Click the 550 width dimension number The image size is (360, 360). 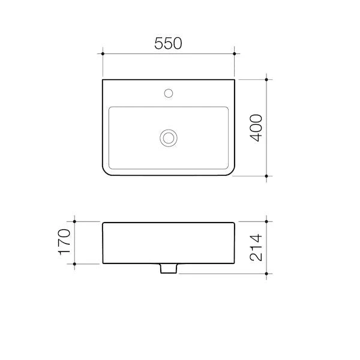[x=169, y=43]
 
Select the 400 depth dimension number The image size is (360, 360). [x=256, y=127]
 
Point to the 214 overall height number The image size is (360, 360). [x=256, y=247]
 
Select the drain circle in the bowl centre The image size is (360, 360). [x=169, y=138]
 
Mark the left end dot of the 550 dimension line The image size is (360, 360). [x=103, y=54]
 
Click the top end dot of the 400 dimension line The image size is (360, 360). [x=266, y=79]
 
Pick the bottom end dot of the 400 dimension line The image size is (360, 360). [x=266, y=176]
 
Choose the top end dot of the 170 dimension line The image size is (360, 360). [x=76, y=221]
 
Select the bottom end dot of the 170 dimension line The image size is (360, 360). [x=76, y=263]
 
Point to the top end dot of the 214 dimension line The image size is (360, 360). [x=266, y=221]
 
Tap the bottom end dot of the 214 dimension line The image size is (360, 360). [x=266, y=274]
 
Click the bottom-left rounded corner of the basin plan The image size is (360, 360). [x=106, y=172]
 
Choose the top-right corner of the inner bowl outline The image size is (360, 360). [x=228, y=109]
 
